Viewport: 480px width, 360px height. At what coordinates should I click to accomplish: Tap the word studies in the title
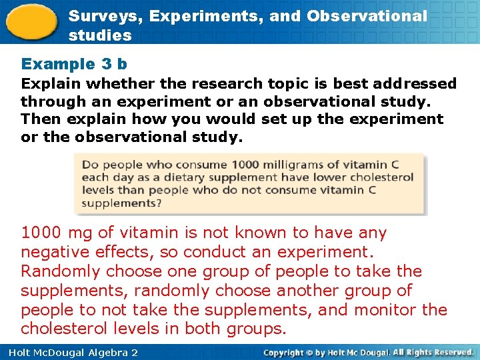[x=100, y=35]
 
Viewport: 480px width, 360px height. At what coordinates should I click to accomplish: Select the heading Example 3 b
[x=74, y=64]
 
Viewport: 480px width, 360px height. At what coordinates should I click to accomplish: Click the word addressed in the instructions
[x=415, y=84]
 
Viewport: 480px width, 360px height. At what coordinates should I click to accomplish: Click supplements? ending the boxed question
[x=121, y=203]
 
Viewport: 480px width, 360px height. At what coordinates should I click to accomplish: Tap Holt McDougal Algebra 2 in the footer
[x=73, y=352]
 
